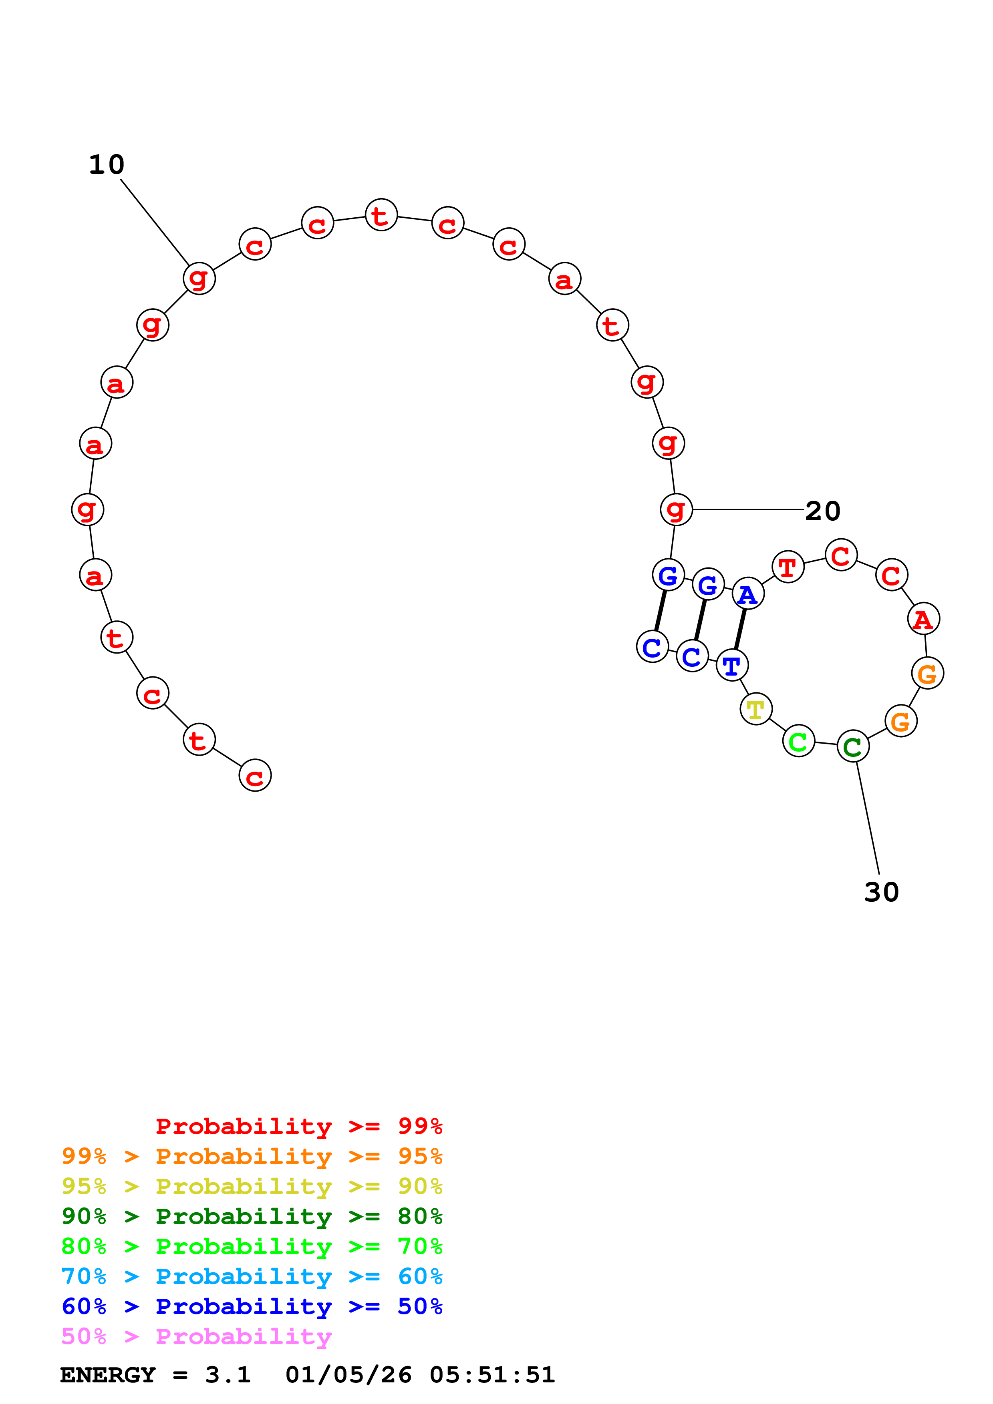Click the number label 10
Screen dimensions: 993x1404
tap(107, 165)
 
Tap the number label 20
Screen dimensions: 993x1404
tap(822, 511)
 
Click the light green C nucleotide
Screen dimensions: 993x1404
tap(798, 741)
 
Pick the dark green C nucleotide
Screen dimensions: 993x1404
tap(853, 746)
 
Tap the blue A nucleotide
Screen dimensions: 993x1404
tap(748, 594)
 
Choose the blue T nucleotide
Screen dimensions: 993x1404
tap(732, 665)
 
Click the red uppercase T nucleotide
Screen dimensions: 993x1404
tap(788, 567)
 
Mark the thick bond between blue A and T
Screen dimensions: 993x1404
tap(740, 629)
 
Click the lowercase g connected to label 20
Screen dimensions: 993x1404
tap(676, 509)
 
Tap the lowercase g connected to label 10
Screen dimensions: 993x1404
tap(199, 278)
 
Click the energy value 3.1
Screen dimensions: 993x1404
tap(228, 1375)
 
